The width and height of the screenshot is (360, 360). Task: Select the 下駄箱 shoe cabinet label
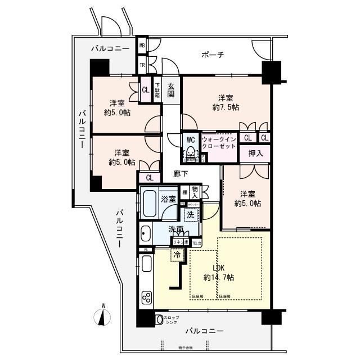point(158,90)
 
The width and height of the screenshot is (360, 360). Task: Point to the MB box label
point(142,46)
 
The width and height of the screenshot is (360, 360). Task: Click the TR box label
point(142,65)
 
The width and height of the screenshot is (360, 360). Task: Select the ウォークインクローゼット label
point(219,145)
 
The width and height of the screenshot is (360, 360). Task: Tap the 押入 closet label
point(255,152)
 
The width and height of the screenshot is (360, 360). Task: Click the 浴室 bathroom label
point(168,199)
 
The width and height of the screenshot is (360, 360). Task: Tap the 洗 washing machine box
point(191,215)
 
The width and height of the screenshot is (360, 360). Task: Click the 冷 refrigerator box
point(177,254)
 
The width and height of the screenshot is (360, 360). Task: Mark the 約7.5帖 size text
point(226,106)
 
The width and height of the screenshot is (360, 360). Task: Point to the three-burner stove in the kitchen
point(147,297)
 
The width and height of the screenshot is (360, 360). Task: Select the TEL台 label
point(197,243)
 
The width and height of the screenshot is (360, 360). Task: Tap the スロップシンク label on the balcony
point(172,318)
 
